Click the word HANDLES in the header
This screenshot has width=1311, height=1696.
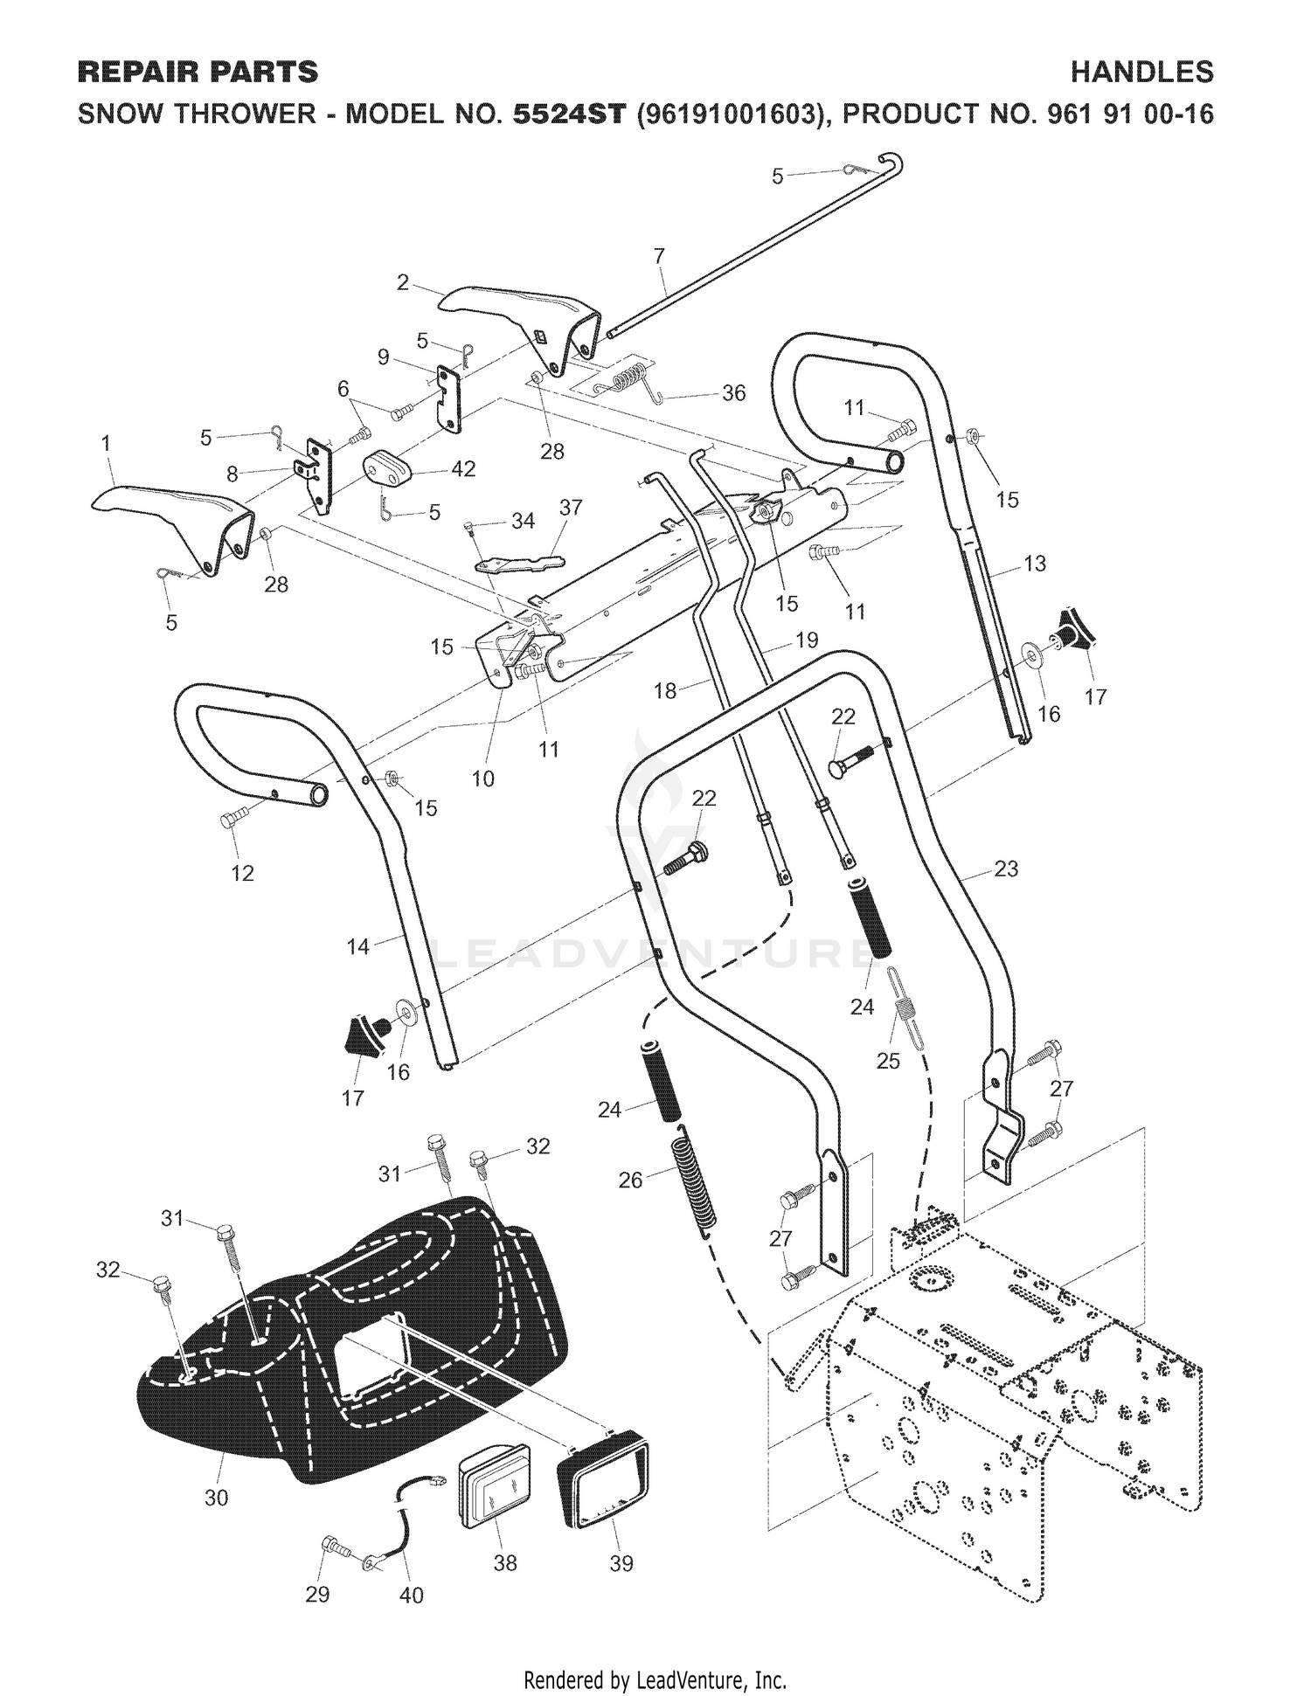coord(1142,72)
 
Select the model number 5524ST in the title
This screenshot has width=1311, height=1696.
coord(570,114)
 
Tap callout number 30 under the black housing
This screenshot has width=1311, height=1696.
coord(216,1498)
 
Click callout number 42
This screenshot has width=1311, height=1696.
coord(463,469)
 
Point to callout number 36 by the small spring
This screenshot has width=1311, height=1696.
coord(734,393)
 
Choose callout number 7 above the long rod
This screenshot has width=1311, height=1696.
coord(659,256)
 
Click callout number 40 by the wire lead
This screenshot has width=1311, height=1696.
coord(411,1596)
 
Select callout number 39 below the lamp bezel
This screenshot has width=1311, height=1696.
coord(621,1564)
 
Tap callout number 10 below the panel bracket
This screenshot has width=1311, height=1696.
coord(483,779)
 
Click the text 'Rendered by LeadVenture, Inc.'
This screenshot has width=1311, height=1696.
coord(655,1656)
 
